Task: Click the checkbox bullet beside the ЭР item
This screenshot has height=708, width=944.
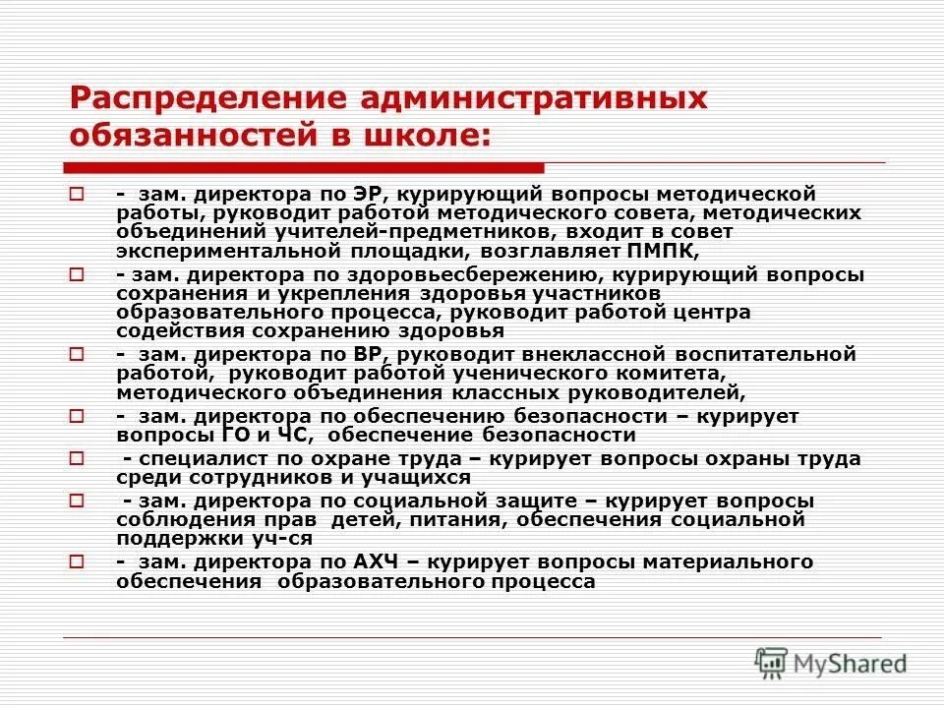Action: [x=75, y=195]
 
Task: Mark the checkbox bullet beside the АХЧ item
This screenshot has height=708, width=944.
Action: [x=75, y=562]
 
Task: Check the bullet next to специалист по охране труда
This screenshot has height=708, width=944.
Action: [x=75, y=459]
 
